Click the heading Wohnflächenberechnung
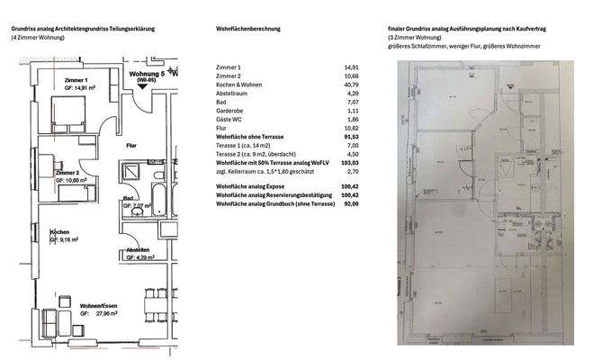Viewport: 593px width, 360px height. tap(248, 29)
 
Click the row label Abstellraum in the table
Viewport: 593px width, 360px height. tap(234, 94)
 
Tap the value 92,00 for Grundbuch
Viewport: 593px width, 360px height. tap(351, 204)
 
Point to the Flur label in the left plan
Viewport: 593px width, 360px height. tap(130, 142)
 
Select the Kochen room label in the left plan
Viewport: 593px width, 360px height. tap(60, 232)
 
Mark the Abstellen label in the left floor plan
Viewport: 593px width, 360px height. tap(137, 250)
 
